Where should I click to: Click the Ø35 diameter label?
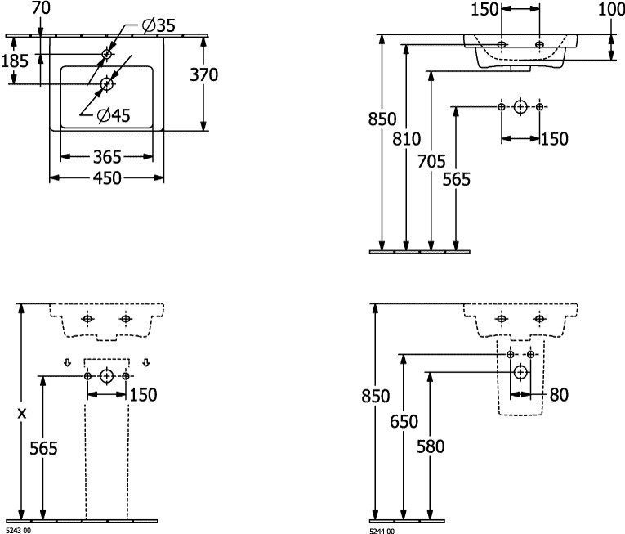point(158,25)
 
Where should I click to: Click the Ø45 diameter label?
point(114,115)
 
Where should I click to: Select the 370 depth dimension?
point(203,74)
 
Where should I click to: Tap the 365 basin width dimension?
point(107,157)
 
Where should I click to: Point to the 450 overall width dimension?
point(107,178)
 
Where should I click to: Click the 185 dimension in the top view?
point(15,61)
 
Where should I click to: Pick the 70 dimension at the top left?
point(41,8)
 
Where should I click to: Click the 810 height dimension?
point(407,139)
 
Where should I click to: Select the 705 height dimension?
point(431,161)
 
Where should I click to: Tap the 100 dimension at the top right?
point(611,9)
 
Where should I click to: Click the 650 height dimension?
point(404,421)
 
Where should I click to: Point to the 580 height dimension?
point(431,446)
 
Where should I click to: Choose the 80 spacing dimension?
point(559,395)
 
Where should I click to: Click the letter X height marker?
point(22,414)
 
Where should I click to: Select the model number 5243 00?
point(18,531)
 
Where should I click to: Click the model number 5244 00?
point(382,531)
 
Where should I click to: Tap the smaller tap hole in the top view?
point(107,53)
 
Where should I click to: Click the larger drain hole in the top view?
point(107,83)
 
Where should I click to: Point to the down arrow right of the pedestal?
point(146,362)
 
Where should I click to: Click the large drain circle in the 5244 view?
point(520,372)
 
